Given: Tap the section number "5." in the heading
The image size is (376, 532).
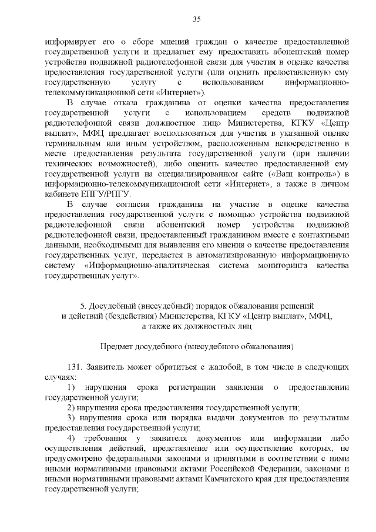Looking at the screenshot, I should tap(83, 306).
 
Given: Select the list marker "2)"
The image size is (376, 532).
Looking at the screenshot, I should tap(72, 408).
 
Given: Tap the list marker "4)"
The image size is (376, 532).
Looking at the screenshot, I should tap(72, 439).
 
